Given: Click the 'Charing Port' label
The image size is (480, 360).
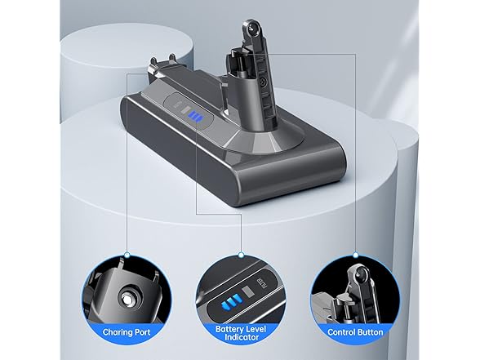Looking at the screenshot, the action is [127, 332].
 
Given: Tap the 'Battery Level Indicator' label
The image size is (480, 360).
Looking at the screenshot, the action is [241, 333].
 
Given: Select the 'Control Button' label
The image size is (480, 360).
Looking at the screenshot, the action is [355, 332].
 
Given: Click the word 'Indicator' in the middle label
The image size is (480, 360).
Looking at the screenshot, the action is [241, 337].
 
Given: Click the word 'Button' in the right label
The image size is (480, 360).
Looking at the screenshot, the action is [370, 332].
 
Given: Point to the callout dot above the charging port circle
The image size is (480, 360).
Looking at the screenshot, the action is [127, 255].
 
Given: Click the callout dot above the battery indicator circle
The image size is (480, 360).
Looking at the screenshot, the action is [241, 255].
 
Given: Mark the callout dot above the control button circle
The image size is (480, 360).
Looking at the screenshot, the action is [355, 255].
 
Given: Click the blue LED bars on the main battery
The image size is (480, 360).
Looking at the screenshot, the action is [194, 117].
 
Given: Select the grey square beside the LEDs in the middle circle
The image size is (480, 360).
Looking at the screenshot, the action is [247, 291].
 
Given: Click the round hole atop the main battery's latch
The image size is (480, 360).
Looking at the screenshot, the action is [252, 29].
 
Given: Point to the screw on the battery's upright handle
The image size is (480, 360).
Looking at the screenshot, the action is [262, 82].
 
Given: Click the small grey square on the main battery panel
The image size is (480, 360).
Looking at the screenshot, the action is [185, 109].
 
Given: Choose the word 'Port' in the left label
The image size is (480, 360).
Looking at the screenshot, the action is [141, 332].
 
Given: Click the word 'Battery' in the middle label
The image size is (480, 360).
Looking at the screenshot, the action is [229, 329].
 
